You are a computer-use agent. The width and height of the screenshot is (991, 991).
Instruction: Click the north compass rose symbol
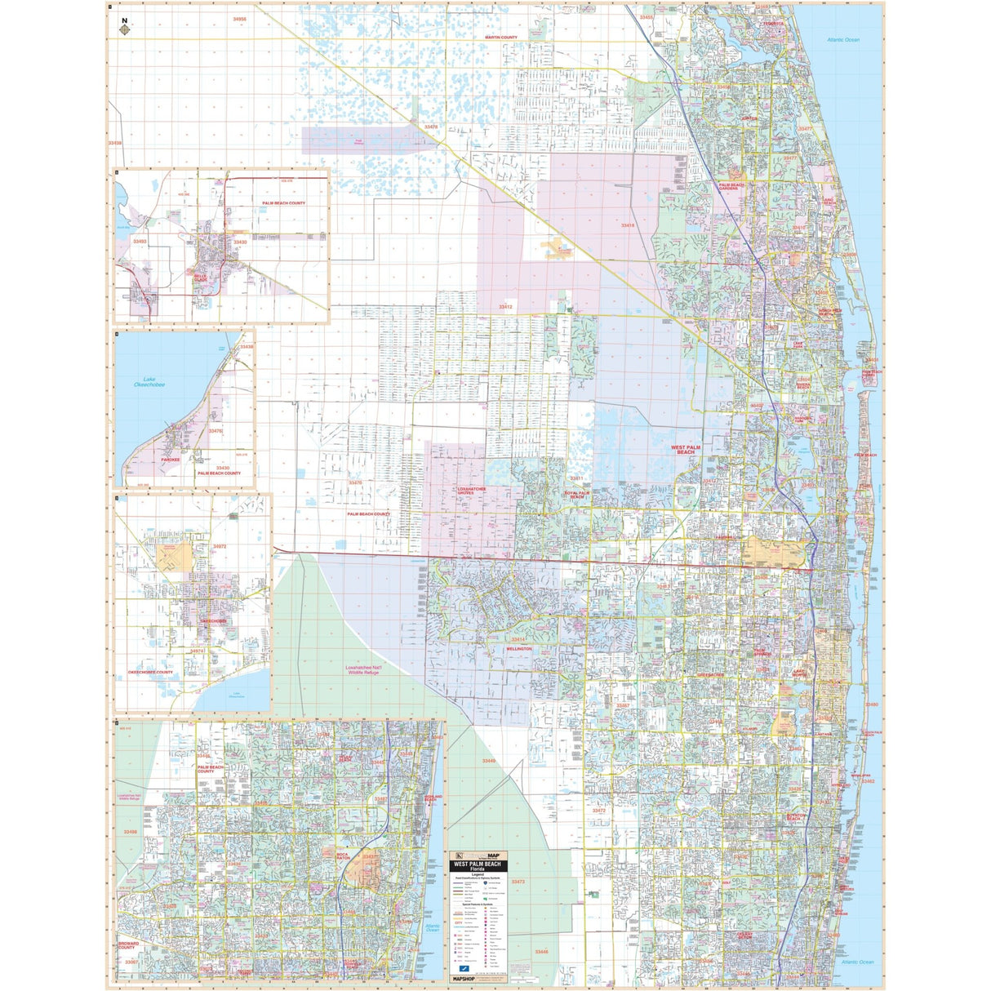[x=124, y=29]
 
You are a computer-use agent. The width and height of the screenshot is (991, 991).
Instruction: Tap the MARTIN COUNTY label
[x=500, y=38]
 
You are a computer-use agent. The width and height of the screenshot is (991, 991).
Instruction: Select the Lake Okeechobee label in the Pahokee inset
[x=149, y=381]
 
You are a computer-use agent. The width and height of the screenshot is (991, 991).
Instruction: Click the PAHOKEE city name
[x=170, y=459]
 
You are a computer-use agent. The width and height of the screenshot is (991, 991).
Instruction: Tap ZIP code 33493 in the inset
[x=140, y=242]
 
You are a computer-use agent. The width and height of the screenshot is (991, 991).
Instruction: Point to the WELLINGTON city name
[x=518, y=649]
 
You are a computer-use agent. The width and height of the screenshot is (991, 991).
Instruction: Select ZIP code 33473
[x=518, y=882]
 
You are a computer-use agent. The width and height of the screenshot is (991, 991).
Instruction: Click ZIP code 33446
[x=541, y=952]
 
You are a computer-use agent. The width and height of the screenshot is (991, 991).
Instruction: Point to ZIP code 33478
[x=431, y=127]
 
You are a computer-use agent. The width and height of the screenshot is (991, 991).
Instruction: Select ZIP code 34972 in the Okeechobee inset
[x=220, y=546]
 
